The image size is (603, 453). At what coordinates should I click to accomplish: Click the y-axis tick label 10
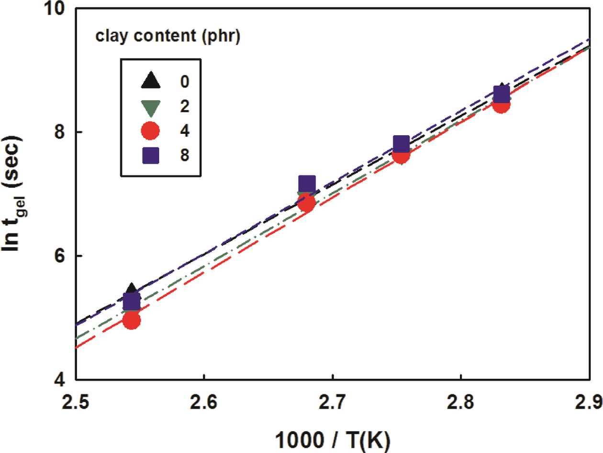[x=58, y=10]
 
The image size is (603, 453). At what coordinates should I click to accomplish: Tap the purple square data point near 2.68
[x=307, y=184]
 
